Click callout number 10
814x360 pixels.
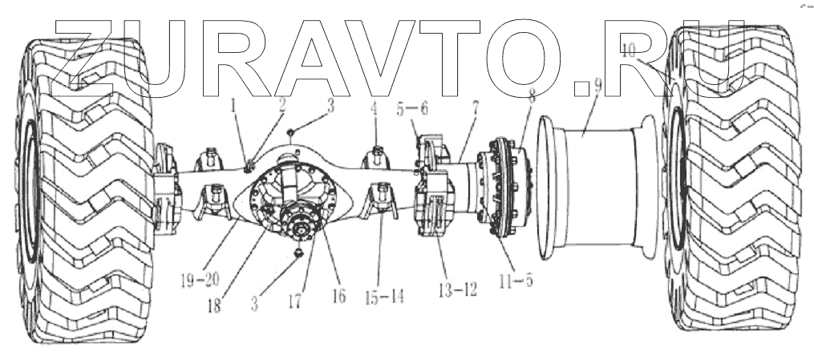[630, 50]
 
